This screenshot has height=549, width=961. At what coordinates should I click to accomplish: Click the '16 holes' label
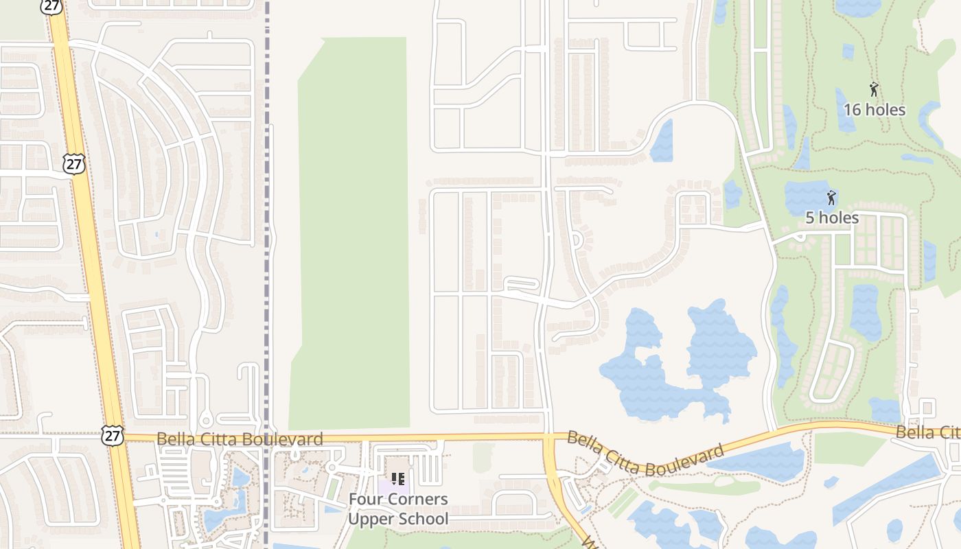click(x=874, y=110)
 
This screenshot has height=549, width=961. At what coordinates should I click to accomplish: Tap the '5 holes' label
click(x=831, y=218)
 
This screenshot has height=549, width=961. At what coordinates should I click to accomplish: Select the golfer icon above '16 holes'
click(x=874, y=89)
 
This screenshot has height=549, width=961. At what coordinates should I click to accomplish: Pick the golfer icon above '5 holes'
click(x=831, y=198)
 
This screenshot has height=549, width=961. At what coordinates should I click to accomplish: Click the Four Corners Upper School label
click(x=398, y=509)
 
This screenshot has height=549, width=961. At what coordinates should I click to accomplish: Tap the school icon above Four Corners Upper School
click(x=397, y=478)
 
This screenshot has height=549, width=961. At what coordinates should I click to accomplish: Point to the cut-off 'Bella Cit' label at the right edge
click(x=927, y=432)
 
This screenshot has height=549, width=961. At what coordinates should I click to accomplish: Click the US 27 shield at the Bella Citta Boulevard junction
click(x=113, y=434)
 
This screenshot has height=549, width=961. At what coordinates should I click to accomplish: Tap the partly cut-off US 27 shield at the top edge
click(x=51, y=5)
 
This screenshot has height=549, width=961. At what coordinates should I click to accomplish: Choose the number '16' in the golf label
click(x=853, y=110)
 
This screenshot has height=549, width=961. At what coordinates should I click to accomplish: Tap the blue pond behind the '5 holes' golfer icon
click(x=810, y=196)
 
